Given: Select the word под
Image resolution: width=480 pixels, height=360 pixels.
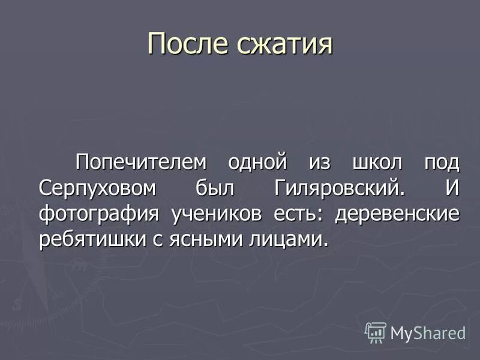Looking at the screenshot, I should [442, 162].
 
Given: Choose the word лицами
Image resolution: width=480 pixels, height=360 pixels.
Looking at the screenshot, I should [290, 239].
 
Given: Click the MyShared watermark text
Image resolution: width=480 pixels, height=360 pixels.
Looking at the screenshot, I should [428, 332].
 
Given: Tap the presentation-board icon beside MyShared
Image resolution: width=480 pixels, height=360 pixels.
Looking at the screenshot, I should [376, 332].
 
